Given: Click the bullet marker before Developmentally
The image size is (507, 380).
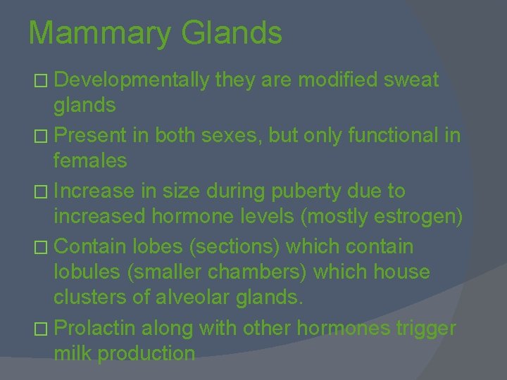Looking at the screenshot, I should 44,82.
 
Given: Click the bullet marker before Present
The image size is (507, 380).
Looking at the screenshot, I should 44,136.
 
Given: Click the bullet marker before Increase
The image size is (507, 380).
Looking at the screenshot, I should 44,191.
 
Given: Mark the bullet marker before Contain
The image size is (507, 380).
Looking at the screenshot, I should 44,246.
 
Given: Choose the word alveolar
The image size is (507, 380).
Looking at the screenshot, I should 195,299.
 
